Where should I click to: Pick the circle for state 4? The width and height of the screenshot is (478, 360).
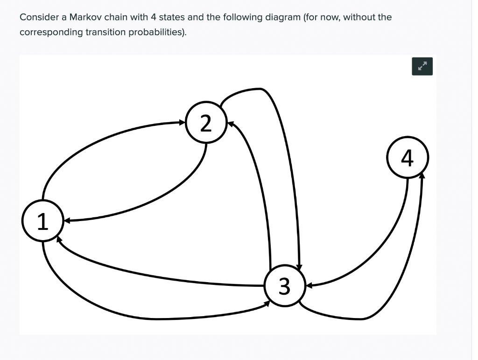(407, 159)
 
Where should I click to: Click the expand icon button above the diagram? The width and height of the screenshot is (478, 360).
(422, 66)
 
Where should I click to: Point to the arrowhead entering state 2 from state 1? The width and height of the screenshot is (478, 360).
(183, 123)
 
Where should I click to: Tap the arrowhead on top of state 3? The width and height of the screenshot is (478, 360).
(299, 265)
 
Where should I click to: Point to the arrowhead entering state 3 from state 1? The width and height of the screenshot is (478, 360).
(267, 303)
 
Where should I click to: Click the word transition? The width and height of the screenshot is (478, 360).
(103, 32)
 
